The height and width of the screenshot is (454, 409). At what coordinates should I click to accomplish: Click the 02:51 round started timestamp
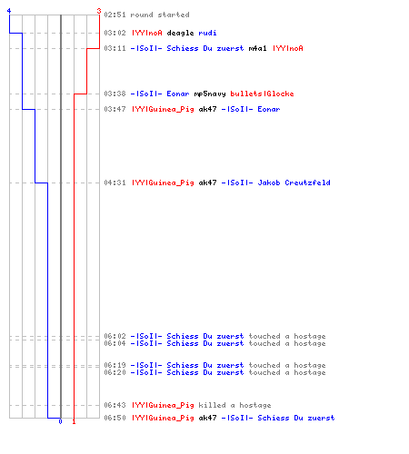tap(115, 15)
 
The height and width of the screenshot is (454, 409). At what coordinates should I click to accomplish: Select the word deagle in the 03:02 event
tap(180, 33)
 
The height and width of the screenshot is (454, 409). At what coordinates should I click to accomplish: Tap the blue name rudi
tap(207, 33)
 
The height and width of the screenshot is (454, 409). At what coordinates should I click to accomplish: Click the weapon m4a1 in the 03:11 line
tap(257, 48)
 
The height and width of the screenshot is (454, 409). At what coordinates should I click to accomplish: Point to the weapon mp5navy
tap(210, 94)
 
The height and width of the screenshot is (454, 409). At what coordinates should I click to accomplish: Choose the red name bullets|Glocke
tap(262, 94)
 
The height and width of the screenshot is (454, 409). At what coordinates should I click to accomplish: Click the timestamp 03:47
tap(115, 109)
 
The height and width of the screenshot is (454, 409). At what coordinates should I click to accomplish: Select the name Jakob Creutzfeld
tap(294, 183)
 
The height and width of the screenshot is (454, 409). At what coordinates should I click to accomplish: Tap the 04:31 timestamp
tap(115, 183)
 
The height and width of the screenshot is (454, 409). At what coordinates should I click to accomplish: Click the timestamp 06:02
tap(115, 336)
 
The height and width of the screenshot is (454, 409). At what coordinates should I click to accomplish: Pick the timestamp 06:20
tap(115, 372)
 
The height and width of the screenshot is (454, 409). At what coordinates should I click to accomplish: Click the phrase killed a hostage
tap(234, 405)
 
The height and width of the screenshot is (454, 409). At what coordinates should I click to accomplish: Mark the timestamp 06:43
tap(115, 405)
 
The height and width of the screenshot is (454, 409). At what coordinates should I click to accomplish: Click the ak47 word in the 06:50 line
tap(207, 418)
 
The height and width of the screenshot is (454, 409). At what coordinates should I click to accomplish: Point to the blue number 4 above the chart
tap(9, 11)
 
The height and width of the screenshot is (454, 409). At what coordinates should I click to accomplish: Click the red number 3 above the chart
tap(99, 11)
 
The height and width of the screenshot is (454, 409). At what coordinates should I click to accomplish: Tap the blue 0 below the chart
tap(60, 421)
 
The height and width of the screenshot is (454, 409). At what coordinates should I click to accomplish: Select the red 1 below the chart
tap(74, 421)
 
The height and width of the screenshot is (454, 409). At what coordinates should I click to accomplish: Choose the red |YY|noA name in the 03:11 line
tap(288, 48)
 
